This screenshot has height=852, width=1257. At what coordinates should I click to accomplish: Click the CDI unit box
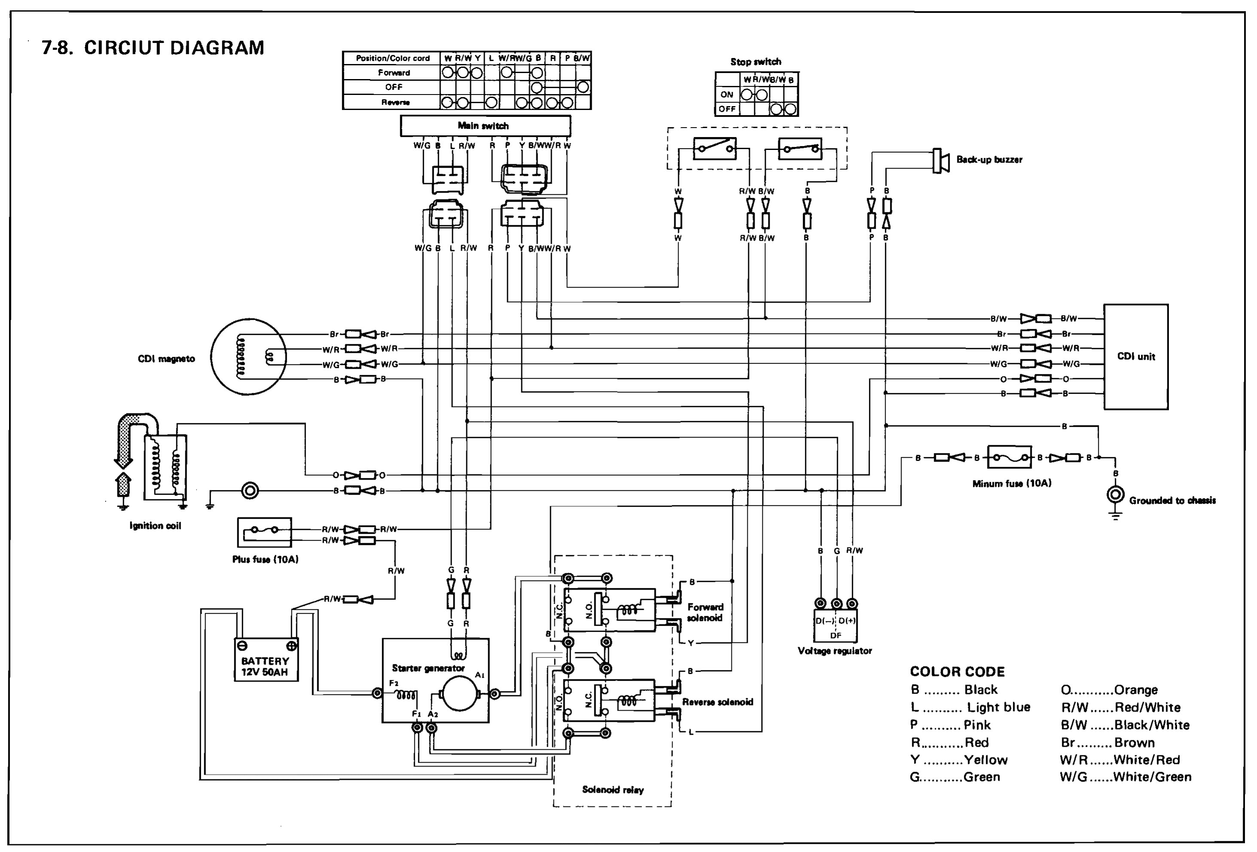click(1135, 356)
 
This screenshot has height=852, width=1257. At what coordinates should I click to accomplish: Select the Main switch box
click(485, 125)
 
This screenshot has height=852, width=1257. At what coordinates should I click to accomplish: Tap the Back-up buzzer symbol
click(941, 161)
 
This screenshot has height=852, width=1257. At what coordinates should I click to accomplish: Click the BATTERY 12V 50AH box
click(266, 660)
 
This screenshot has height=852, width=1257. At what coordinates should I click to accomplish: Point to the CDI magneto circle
click(248, 357)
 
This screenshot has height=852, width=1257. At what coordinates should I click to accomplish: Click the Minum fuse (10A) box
click(1009, 457)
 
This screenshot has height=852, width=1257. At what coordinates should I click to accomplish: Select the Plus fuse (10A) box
click(264, 532)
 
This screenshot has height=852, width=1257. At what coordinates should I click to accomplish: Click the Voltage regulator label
click(835, 651)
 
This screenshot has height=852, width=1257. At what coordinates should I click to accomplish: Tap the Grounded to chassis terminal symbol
click(1115, 495)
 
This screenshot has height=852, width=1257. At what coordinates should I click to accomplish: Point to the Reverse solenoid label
click(717, 702)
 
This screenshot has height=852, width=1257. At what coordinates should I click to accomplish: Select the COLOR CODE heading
click(957, 672)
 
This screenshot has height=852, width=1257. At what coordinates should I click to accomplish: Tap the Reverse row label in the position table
click(395, 102)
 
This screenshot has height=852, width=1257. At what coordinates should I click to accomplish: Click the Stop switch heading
click(755, 61)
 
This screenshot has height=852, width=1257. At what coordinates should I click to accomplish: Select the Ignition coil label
click(155, 525)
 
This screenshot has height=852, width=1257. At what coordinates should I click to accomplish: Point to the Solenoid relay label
click(612, 790)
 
